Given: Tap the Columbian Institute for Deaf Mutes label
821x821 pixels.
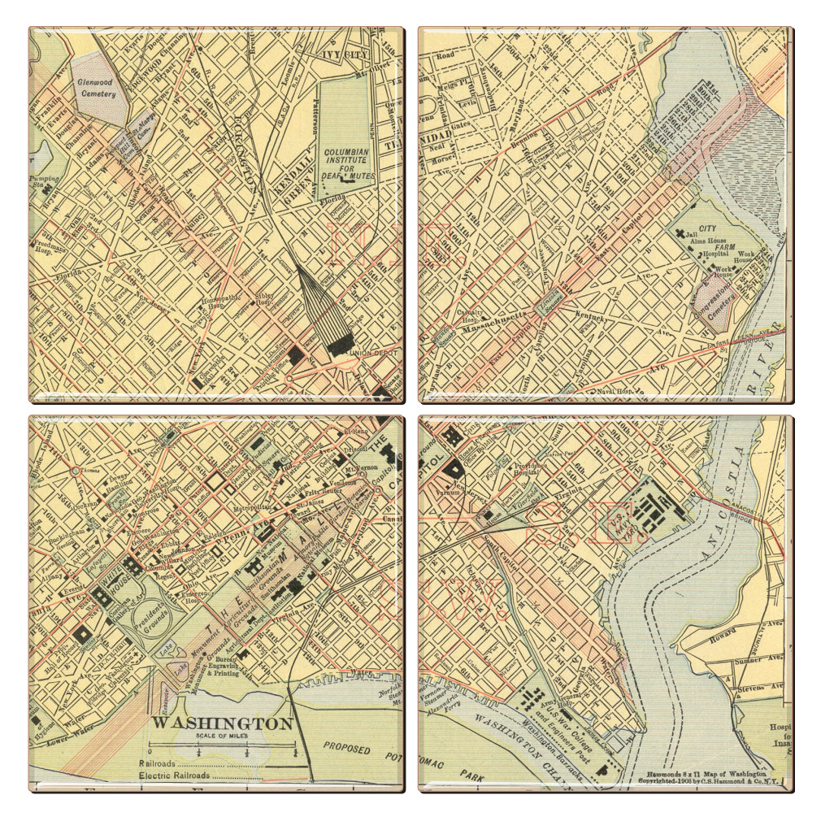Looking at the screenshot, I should click(346, 163).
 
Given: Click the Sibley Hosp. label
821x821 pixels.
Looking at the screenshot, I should click(265, 298).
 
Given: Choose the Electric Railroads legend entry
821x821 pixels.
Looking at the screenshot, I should click(175, 775).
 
